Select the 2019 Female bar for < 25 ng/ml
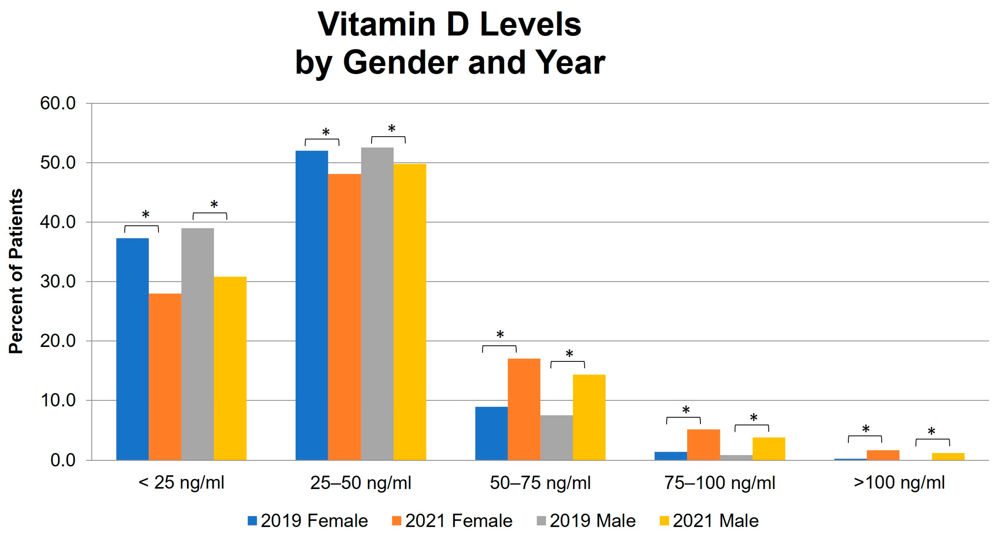[x=132, y=349]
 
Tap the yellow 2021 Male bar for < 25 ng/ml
[x=230, y=368]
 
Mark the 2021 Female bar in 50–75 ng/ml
[x=524, y=409]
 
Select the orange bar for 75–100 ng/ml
[x=703, y=445]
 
